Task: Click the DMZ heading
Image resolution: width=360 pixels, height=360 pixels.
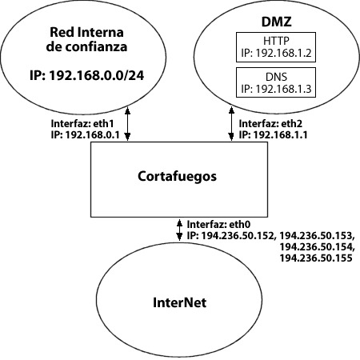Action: point(276,22)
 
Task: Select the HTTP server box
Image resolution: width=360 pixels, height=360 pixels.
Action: point(276,47)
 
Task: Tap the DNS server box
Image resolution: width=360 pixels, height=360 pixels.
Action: point(276,82)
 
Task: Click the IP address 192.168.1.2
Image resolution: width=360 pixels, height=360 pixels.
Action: point(283,53)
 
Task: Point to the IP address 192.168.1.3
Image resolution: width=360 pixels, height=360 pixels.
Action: point(283,89)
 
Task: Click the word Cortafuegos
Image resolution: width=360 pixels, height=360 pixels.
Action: point(177,177)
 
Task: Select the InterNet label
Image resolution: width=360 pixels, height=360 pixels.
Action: point(179,302)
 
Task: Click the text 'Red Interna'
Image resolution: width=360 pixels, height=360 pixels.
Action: point(86,32)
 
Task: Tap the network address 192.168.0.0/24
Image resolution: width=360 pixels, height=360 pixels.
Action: point(97,75)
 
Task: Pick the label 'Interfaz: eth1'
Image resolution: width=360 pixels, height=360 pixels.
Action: point(82,124)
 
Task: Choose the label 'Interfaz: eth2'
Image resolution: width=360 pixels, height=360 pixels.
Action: point(270,124)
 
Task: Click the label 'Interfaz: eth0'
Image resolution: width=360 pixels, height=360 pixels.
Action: point(218,225)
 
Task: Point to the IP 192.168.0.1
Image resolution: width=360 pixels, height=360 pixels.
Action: point(92,135)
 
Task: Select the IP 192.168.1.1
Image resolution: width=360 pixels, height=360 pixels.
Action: point(280,135)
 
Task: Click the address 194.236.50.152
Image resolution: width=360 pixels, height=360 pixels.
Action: point(238,236)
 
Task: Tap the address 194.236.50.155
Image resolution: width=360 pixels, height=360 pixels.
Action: point(316,258)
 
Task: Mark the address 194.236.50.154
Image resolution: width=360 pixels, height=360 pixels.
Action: point(316,247)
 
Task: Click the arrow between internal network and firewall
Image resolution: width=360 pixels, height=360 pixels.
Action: point(127,124)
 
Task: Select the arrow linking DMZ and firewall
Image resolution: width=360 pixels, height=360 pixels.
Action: point(231,124)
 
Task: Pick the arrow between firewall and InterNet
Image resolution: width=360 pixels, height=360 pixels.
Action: point(179,230)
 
